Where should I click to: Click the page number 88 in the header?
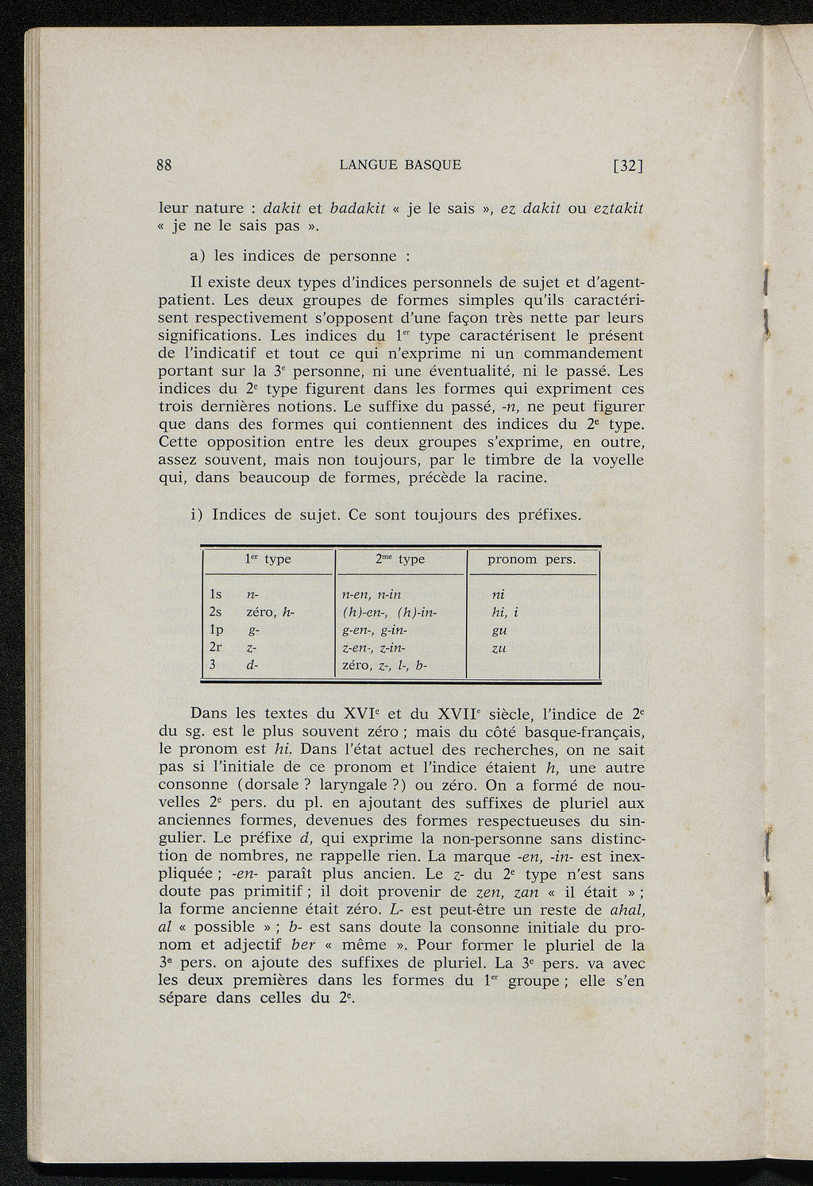pyautogui.click(x=165, y=165)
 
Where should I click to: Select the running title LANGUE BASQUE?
pyautogui.click(x=400, y=165)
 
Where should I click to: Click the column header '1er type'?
pyautogui.click(x=268, y=559)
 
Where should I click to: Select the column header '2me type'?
pyautogui.click(x=400, y=559)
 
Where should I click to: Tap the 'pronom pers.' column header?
pyautogui.click(x=531, y=559)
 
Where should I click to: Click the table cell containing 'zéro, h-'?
pyautogui.click(x=271, y=612)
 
